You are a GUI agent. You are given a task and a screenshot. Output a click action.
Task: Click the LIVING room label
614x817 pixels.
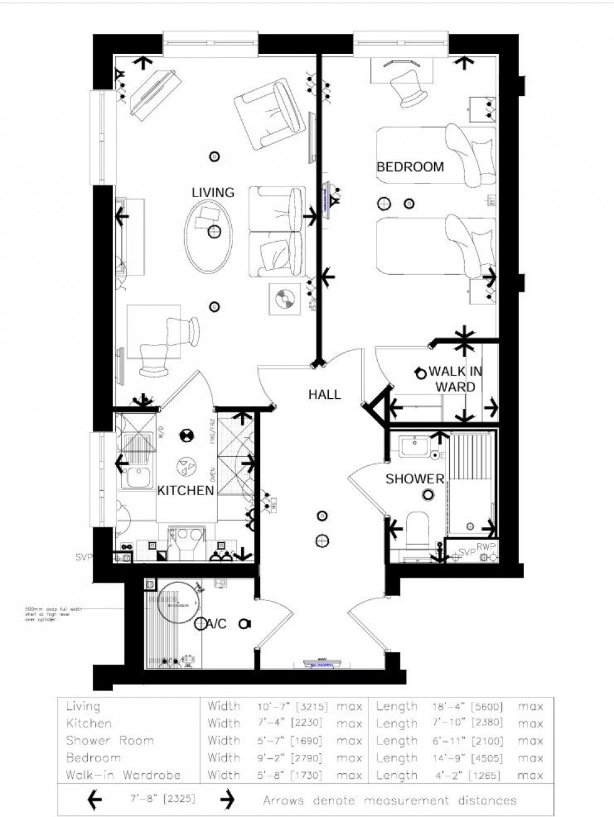[213, 192]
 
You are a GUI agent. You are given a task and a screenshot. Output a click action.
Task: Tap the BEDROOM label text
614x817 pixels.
[410, 167]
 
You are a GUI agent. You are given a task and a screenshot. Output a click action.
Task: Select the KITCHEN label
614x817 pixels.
[185, 490]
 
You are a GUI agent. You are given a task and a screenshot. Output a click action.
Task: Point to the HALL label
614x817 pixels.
[325, 394]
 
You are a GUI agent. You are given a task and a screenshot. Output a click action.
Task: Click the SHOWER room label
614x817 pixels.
[415, 479]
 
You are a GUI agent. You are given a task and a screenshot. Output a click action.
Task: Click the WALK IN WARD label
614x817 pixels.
[455, 379]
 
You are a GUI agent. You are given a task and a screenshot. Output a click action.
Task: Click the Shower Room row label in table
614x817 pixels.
[110, 741]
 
